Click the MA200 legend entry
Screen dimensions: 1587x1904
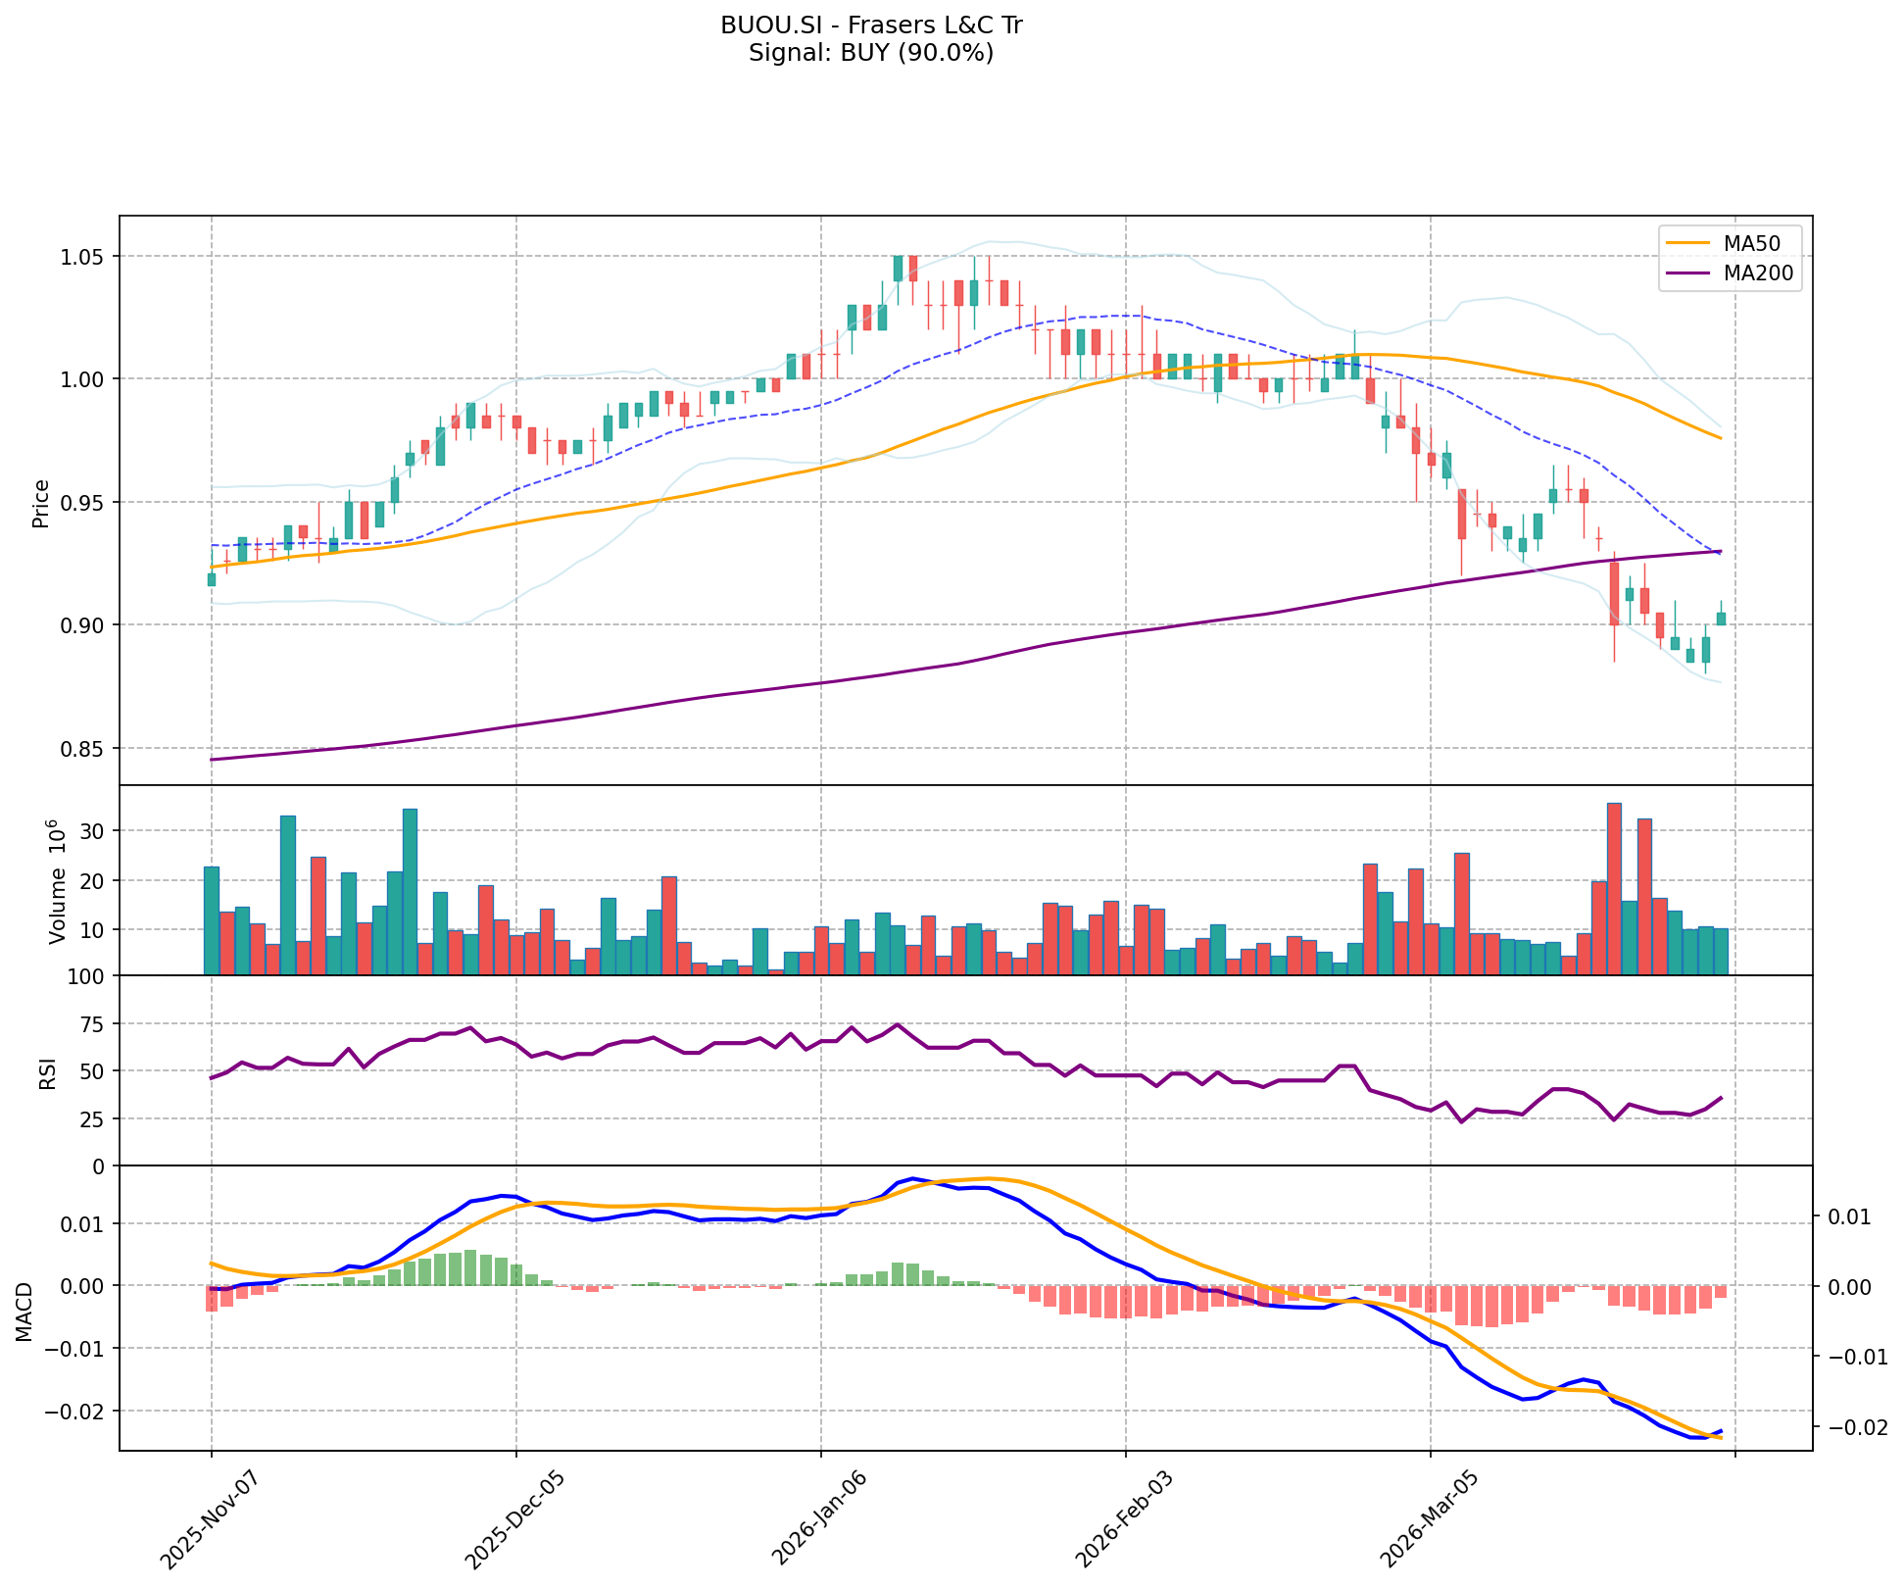point(1757,274)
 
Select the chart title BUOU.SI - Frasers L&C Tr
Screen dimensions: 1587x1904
point(871,25)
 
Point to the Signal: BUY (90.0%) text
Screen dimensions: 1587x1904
point(871,53)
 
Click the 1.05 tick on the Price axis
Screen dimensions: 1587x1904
point(84,257)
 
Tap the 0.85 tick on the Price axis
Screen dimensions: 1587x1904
point(84,748)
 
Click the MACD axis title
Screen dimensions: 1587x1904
point(24,1313)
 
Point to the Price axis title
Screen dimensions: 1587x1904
point(41,503)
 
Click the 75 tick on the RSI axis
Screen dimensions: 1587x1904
point(93,1023)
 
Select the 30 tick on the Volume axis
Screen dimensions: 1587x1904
point(93,830)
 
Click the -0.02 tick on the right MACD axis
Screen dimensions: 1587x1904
point(1850,1427)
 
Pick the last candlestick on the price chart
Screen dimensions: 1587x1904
point(1721,619)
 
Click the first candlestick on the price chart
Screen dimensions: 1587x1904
point(212,579)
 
